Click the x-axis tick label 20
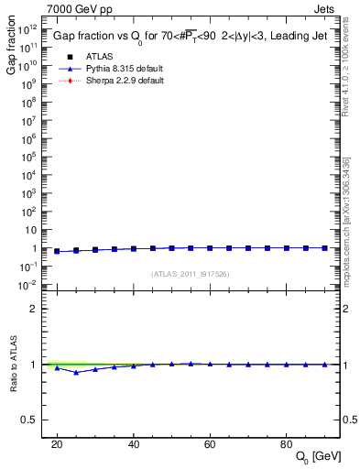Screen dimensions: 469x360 click(57, 443)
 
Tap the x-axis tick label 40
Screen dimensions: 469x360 click(134, 443)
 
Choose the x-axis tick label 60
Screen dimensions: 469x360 click(210, 443)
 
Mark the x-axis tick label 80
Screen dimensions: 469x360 click(287, 443)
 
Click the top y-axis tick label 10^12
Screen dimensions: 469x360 click(28, 29)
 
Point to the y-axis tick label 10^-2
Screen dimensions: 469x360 click(28, 285)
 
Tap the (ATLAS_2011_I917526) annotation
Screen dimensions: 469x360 click(191, 273)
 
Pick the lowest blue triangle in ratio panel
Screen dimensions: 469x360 click(76, 372)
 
